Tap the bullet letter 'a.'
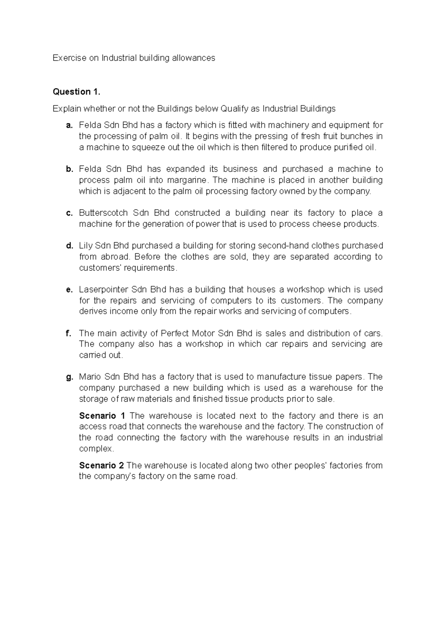click(69, 126)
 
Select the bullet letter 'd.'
click(69, 246)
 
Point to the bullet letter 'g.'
click(69, 377)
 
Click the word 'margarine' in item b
click(189, 180)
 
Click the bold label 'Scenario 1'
click(102, 416)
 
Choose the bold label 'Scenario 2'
click(101, 466)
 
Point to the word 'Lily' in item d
click(86, 246)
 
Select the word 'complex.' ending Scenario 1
click(96, 449)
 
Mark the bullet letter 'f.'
click(69, 333)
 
